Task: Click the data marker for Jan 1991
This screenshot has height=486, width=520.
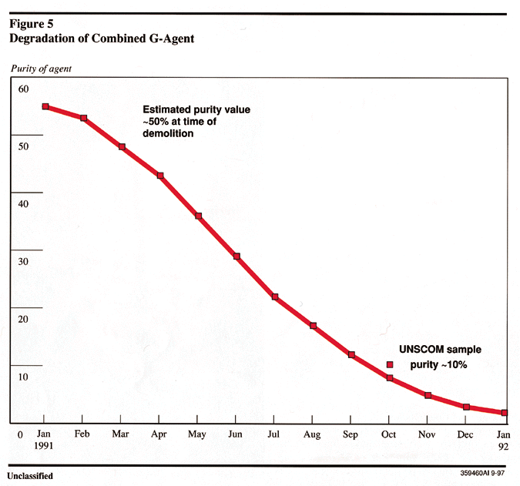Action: (x=45, y=106)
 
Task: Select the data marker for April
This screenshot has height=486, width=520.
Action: (x=160, y=176)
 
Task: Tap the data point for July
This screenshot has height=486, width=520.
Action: (x=274, y=297)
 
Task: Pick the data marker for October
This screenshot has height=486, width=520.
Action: (x=390, y=378)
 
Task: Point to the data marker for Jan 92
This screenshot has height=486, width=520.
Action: (x=505, y=413)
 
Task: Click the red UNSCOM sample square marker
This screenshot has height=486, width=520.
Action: (x=390, y=364)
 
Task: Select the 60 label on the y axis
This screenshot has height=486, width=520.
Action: (x=23, y=89)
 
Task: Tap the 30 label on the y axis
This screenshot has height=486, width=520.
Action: (x=23, y=262)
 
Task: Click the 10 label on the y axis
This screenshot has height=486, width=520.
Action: (x=23, y=377)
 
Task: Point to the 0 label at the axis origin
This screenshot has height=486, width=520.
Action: (x=21, y=435)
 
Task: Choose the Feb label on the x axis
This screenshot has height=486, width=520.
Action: (x=82, y=434)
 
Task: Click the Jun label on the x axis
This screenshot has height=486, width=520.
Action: (x=236, y=434)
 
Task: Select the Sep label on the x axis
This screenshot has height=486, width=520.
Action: (x=351, y=434)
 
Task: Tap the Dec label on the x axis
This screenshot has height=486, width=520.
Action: (x=465, y=434)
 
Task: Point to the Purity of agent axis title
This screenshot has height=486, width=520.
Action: (x=42, y=69)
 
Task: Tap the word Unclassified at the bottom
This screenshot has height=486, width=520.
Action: (x=31, y=475)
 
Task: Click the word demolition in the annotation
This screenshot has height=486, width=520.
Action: (x=168, y=133)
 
